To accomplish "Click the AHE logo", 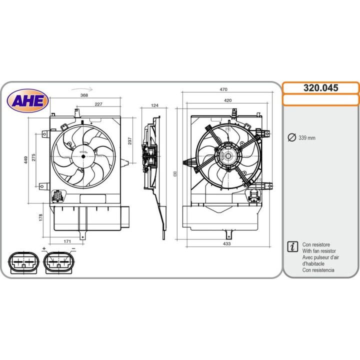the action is pyautogui.click(x=27, y=100).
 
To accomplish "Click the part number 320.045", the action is pyautogui.click(x=320, y=87).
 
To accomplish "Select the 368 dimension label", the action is pyautogui.click(x=84, y=95).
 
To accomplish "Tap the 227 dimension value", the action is pyautogui.click(x=98, y=104).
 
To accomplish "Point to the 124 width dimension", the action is pyautogui.click(x=155, y=105).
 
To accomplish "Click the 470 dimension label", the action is pyautogui.click(x=223, y=89).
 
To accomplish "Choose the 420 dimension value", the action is pyautogui.click(x=228, y=100).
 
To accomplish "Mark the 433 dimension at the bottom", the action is pyautogui.click(x=227, y=243).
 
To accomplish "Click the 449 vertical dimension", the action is pyautogui.click(x=25, y=160).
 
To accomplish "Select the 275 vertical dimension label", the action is pyautogui.click(x=34, y=157).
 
